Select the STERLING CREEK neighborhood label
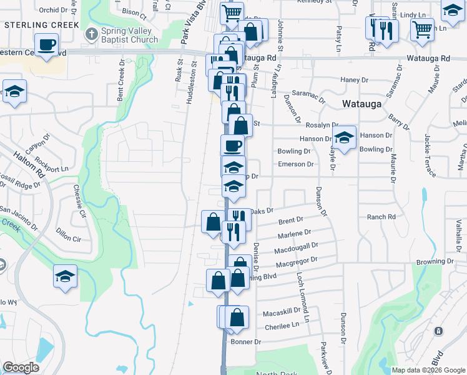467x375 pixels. click(41, 25)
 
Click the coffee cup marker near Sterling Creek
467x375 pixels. click(47, 45)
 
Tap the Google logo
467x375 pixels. click(21, 367)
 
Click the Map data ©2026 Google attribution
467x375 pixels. click(428, 370)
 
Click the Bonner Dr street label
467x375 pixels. click(245, 342)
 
